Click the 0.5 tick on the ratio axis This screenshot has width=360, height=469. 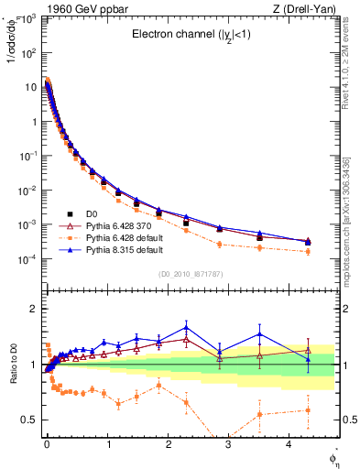click(30, 420)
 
